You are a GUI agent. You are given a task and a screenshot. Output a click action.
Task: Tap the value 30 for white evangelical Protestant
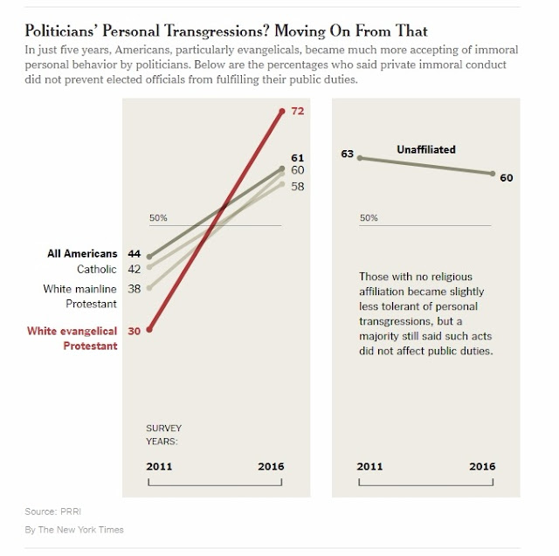pyautogui.click(x=135, y=331)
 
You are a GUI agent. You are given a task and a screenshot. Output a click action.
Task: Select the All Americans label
pyautogui.click(x=82, y=254)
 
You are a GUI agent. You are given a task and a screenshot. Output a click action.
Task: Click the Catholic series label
pyautogui.click(x=96, y=270)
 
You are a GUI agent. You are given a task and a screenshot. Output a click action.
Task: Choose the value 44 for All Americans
pyautogui.click(x=135, y=254)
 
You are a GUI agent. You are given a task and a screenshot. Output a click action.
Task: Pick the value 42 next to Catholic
pyautogui.click(x=135, y=270)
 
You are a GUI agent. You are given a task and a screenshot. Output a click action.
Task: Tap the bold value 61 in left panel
pyautogui.click(x=297, y=157)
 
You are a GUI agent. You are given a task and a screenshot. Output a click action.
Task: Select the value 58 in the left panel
pyautogui.click(x=297, y=186)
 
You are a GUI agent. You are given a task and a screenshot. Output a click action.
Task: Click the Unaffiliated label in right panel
pyautogui.click(x=426, y=149)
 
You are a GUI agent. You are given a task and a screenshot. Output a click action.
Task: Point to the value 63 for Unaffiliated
pyautogui.click(x=347, y=154)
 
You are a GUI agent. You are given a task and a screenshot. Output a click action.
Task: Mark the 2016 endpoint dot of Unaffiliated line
pyautogui.click(x=493, y=174)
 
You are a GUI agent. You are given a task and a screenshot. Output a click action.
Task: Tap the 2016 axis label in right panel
pyautogui.click(x=482, y=466)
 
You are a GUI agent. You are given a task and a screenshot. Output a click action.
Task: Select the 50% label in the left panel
pyautogui.click(x=158, y=217)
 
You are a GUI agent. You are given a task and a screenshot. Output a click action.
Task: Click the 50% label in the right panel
pyautogui.click(x=369, y=217)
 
